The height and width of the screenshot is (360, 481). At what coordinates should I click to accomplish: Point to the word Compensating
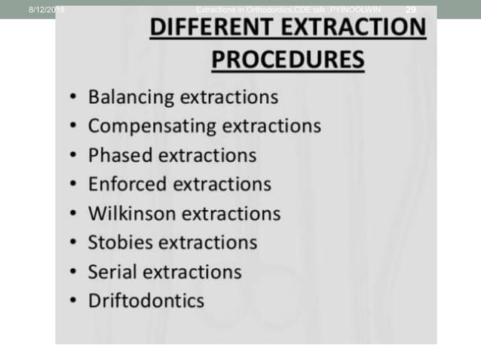coord(150,127)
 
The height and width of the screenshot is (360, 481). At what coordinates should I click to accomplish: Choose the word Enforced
coord(127,184)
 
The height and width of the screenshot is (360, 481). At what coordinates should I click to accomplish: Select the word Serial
coord(113,271)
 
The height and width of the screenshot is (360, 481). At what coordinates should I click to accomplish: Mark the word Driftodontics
coord(146,301)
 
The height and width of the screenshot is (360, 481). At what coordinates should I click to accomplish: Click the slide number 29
coord(411,9)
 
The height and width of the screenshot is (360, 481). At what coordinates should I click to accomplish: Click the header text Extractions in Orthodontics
coord(249,9)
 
